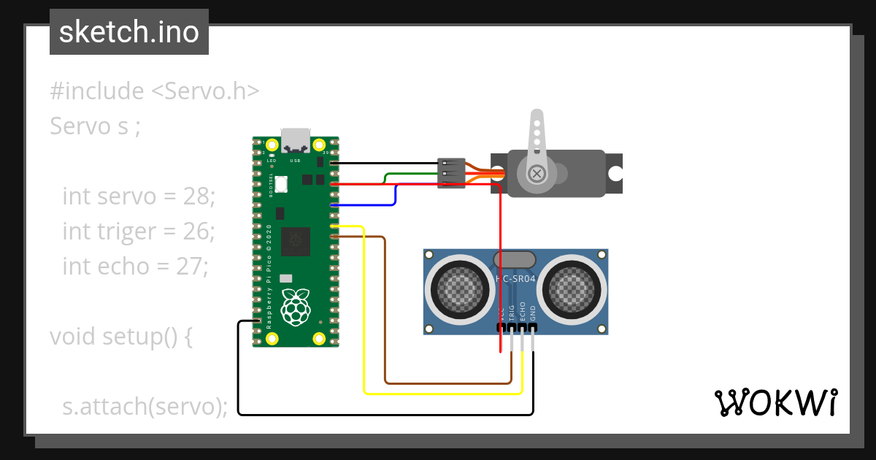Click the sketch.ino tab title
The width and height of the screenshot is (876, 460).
pyautogui.click(x=129, y=33)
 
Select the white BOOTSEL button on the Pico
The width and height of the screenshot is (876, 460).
pyautogui.click(x=280, y=185)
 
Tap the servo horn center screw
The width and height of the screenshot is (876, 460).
pyautogui.click(x=537, y=173)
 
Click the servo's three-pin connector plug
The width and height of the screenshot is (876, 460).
pyautogui.click(x=450, y=174)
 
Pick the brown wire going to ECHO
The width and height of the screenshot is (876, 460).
pyautogui.click(x=385, y=314)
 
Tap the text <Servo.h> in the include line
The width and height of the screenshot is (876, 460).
pyautogui.click(x=205, y=91)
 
